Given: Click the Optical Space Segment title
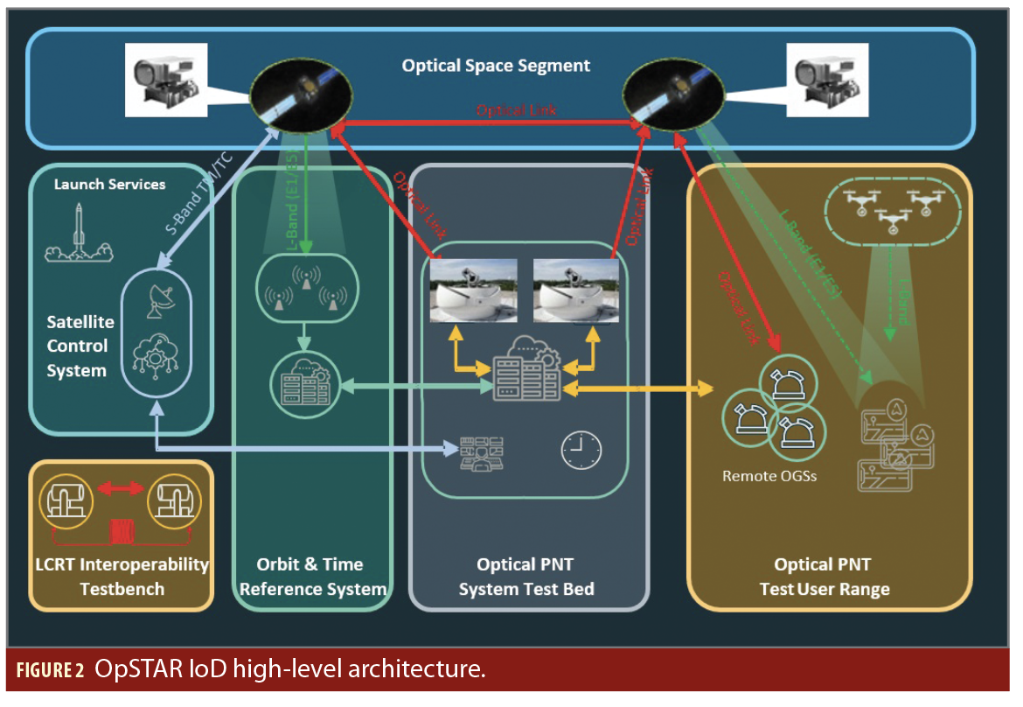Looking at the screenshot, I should (x=496, y=66).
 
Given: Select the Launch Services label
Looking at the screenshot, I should (x=109, y=185).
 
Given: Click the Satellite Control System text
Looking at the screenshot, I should (x=77, y=346).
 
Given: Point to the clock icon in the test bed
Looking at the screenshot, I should (x=581, y=450).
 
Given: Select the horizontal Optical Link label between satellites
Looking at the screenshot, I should (x=516, y=111).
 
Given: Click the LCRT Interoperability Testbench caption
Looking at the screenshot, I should (x=122, y=576).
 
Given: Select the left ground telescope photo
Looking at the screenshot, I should (x=473, y=289).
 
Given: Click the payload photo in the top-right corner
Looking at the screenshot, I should (x=826, y=76).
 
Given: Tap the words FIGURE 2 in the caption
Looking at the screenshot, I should (x=50, y=671).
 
